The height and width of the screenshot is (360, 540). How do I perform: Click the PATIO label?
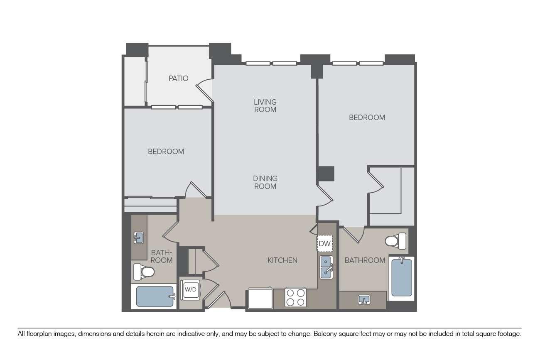tap(178, 78)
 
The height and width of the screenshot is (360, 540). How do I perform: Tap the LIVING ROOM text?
tap(265, 106)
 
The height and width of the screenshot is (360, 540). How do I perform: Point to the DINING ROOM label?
tap(265, 182)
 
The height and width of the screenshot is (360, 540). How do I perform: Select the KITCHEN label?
tap(282, 260)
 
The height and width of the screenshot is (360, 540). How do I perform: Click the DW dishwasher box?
tap(324, 243)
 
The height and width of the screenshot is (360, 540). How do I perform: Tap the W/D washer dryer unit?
tap(190, 290)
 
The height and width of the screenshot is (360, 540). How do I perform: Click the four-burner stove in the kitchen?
tap(296, 297)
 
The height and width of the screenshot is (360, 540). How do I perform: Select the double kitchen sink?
tap(326, 267)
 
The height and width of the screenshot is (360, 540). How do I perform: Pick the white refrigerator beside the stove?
tap(260, 298)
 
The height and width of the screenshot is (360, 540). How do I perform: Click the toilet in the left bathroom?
tap(144, 272)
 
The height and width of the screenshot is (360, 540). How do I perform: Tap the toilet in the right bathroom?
tap(395, 241)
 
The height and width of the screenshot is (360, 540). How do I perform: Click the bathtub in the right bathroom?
tap(401, 278)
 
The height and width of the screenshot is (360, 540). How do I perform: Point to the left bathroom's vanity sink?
tap(139, 238)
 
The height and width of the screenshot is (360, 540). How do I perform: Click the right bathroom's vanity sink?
tap(364, 300)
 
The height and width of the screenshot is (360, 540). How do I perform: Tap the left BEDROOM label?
tap(166, 152)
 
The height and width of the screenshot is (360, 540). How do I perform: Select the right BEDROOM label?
tap(367, 118)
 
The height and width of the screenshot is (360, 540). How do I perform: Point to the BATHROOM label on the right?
tap(365, 260)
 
